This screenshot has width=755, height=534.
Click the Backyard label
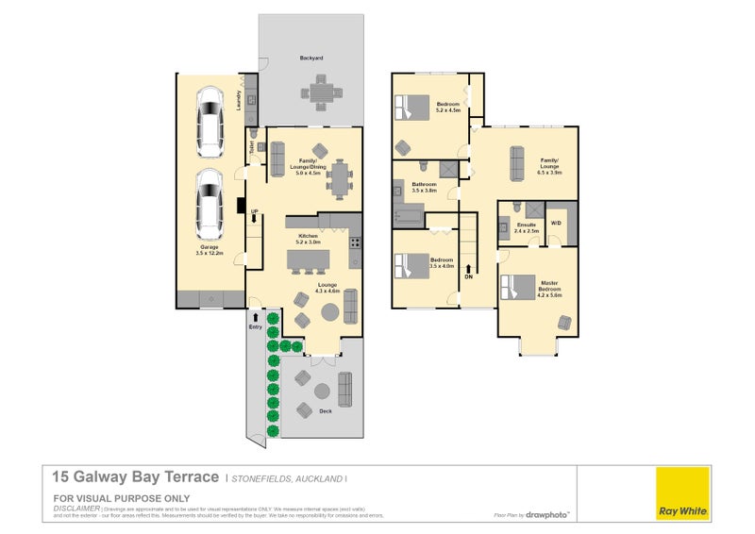(311, 58)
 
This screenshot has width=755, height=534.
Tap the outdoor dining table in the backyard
(312, 92)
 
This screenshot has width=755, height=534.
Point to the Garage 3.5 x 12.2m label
(209, 248)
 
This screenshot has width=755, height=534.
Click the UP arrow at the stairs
(254, 216)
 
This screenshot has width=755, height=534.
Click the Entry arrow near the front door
(255, 320)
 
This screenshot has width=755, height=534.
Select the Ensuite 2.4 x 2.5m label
(527, 227)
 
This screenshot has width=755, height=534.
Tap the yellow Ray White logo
(682, 492)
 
